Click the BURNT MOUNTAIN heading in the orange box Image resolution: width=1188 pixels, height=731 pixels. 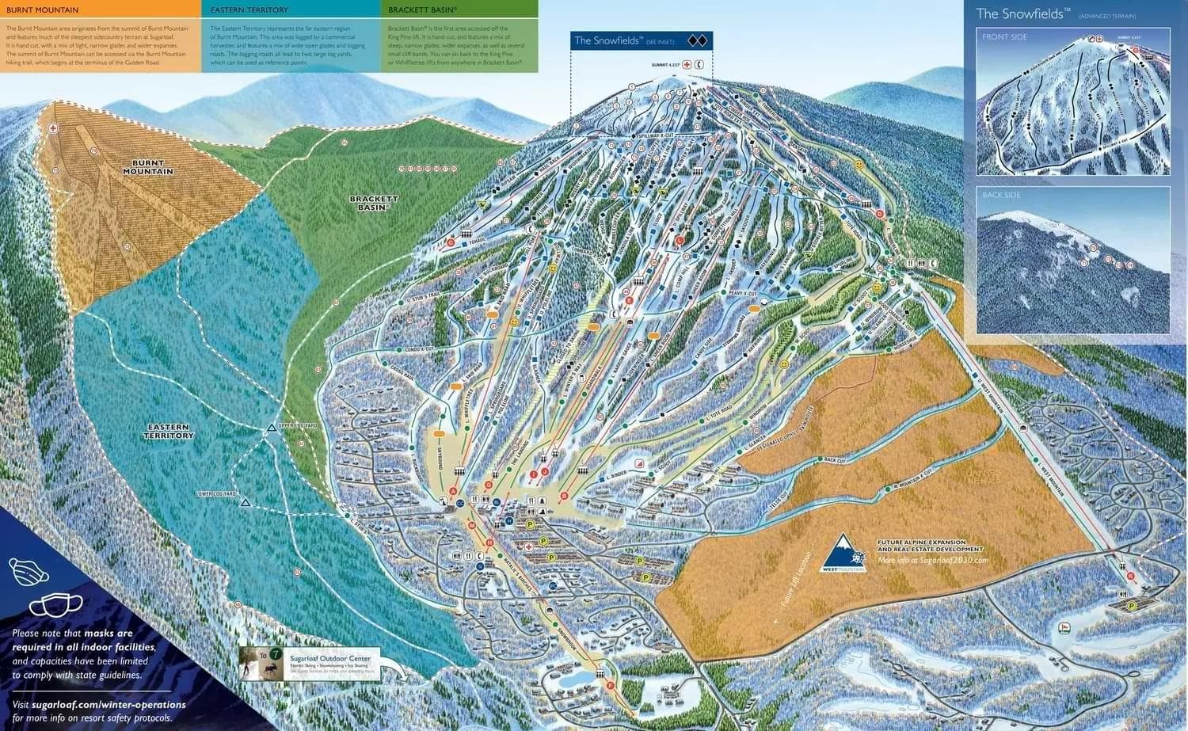42,10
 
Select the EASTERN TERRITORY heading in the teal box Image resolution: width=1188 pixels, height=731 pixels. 238,10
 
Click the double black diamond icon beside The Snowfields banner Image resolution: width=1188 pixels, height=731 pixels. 697,40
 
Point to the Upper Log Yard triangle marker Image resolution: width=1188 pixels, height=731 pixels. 272,428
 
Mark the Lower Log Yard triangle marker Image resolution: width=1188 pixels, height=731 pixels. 245,503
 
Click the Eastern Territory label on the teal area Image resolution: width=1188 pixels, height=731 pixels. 169,432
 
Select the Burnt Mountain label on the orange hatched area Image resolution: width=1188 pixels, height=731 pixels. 148,167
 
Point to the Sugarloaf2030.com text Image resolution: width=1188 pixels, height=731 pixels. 934,560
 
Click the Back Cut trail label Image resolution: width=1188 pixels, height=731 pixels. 835,459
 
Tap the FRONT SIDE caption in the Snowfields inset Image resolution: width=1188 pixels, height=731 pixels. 1004,37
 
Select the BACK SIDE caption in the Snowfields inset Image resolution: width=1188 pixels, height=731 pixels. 1001,195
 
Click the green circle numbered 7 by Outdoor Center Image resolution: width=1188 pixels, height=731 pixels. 275,655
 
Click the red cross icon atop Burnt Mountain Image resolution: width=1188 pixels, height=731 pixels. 53,128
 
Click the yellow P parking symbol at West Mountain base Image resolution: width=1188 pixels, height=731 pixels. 1132,605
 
